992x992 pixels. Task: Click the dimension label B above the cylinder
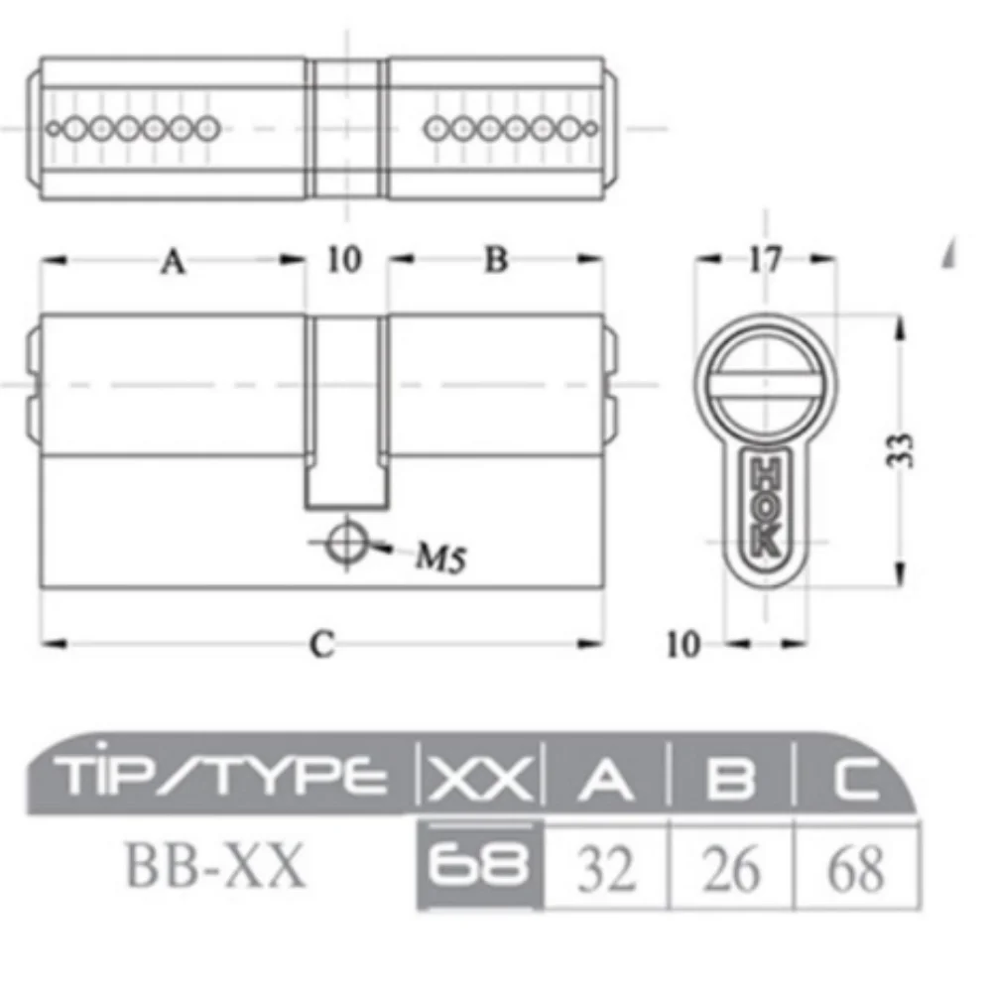click(496, 261)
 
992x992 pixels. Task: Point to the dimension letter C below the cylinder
click(320, 645)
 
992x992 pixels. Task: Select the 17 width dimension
click(765, 260)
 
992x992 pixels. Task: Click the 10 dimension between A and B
click(344, 261)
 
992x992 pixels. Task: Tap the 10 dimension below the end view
click(682, 645)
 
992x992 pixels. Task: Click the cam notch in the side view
click(345, 412)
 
